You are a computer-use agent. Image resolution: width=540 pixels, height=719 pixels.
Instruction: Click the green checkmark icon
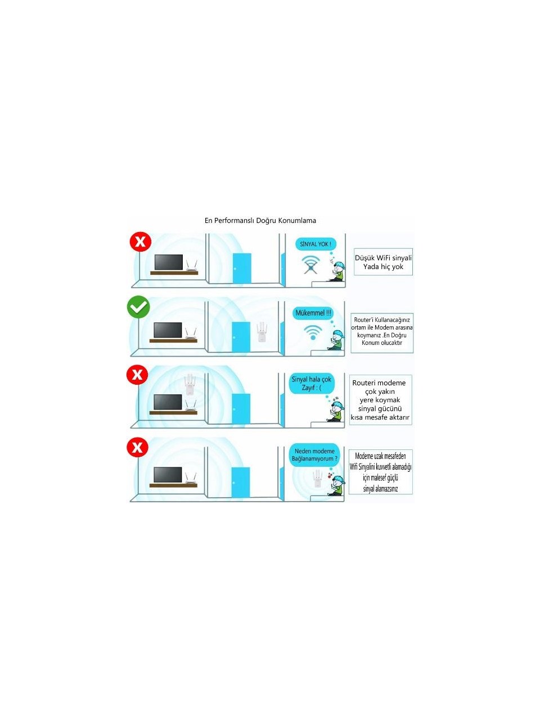(x=138, y=307)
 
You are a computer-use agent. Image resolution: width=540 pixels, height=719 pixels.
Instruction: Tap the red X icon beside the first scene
(x=140, y=242)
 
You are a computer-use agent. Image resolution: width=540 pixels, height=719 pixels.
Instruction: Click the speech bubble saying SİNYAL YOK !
(x=316, y=244)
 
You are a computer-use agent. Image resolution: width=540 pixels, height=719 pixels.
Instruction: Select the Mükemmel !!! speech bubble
(x=313, y=313)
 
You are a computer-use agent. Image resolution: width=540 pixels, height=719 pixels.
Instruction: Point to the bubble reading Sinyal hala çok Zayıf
(x=312, y=383)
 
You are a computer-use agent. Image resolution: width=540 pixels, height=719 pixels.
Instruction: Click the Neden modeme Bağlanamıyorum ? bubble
(x=314, y=455)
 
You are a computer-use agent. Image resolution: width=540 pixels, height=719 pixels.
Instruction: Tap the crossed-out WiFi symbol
(x=310, y=265)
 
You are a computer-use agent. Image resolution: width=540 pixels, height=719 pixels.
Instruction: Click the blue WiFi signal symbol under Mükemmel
(x=313, y=333)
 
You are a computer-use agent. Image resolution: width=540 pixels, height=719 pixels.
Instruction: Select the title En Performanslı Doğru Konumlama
(x=260, y=220)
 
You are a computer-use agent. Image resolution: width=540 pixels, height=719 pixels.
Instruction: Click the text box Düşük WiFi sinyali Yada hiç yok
(x=383, y=262)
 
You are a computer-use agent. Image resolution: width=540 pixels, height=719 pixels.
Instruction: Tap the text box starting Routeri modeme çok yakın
(x=380, y=399)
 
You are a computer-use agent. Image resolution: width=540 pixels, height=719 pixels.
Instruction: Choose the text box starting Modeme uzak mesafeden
(x=380, y=472)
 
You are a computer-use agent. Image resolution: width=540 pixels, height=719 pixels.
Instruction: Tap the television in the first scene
(x=169, y=262)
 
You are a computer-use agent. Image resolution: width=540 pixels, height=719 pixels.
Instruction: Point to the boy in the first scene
(x=337, y=271)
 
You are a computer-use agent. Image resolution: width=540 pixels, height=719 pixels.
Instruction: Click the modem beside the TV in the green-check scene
(x=190, y=334)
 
